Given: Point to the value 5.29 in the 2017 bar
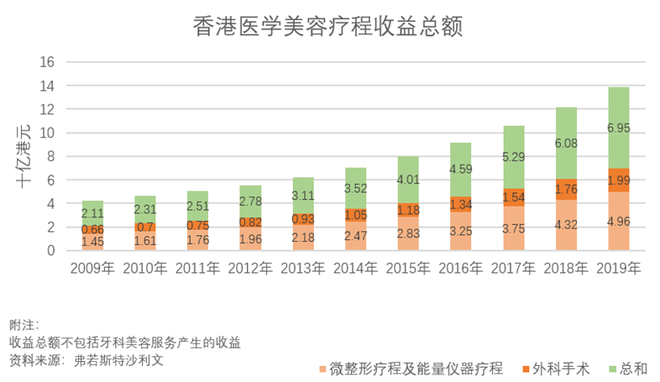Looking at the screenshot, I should coord(512,156).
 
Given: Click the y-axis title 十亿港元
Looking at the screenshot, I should coord(24,155).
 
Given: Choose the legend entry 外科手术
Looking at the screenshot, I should coord(557,369).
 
